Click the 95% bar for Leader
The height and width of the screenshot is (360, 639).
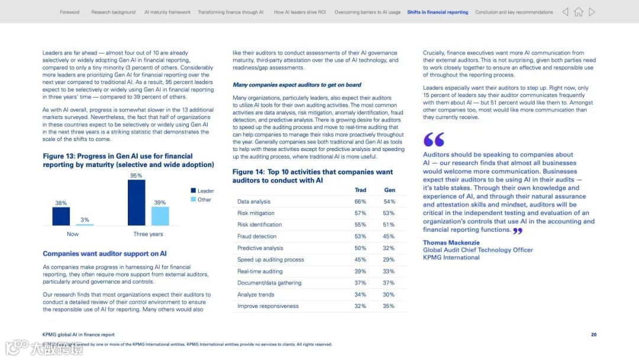click(x=136, y=202)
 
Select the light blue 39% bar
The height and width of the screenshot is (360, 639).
click(x=160, y=216)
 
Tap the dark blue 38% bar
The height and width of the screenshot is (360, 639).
click(x=61, y=216)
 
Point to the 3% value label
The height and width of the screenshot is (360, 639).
click(x=85, y=220)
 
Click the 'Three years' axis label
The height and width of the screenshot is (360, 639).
click(x=148, y=234)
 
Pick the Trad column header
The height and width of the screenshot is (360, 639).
click(x=360, y=190)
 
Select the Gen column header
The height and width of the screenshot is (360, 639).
click(x=389, y=190)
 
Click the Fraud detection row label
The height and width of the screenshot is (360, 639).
click(x=257, y=236)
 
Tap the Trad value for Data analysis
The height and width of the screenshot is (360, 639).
click(x=360, y=202)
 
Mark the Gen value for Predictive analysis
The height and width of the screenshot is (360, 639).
click(x=389, y=248)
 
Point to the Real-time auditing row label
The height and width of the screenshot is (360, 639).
click(x=260, y=271)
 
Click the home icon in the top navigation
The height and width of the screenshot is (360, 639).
click(x=579, y=12)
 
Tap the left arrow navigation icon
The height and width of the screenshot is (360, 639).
click(x=565, y=12)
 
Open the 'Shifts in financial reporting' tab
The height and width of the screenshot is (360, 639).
click(x=437, y=12)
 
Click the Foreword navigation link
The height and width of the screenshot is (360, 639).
click(x=69, y=12)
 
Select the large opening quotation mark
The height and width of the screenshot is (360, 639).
click(x=434, y=140)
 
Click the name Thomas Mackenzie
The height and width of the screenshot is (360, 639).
click(x=451, y=243)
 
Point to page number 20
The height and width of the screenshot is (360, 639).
click(x=593, y=335)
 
